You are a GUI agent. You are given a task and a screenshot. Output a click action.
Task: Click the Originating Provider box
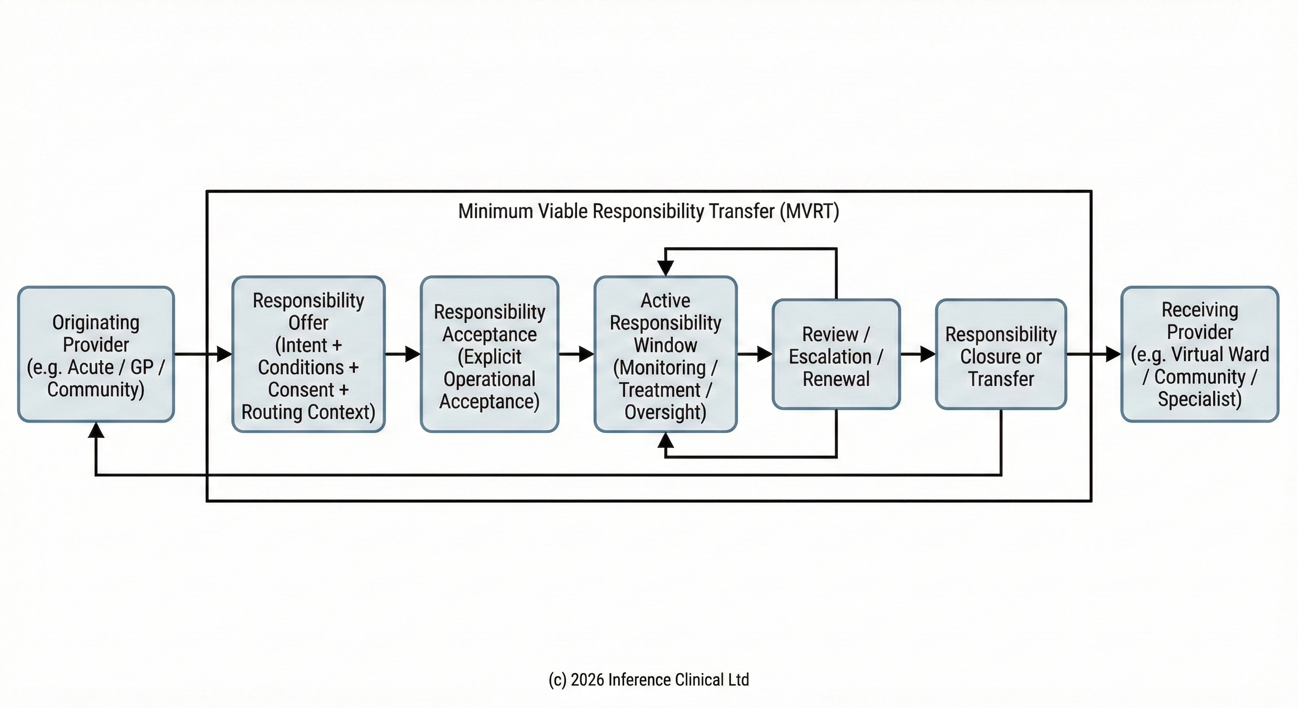coord(96,354)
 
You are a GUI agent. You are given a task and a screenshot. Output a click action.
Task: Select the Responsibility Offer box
coord(308,354)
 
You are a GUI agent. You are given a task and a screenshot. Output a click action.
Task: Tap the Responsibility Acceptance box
coord(489,354)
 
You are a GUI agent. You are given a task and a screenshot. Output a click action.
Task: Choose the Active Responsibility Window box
coord(665,354)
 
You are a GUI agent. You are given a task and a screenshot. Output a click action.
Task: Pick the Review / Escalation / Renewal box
coord(836,354)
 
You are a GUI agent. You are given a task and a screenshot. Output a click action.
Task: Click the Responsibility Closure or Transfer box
coord(1001,354)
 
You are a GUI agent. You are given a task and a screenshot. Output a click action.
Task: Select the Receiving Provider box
coord(1199,354)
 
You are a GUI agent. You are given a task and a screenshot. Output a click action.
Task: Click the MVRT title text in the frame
coord(649,211)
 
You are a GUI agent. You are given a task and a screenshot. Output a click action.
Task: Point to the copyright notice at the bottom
coord(649,680)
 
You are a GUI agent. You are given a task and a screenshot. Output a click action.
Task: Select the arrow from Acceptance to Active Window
coord(577,354)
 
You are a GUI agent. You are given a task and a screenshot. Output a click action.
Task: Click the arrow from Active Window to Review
coord(755,354)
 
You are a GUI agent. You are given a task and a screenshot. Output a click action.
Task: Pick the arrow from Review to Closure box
coord(919,354)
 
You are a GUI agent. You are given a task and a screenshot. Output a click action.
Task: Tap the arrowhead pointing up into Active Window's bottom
coord(666,440)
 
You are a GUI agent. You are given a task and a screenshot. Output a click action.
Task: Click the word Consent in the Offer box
coord(301,390)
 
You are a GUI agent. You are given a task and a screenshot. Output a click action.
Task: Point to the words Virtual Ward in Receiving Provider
coord(1219,354)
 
